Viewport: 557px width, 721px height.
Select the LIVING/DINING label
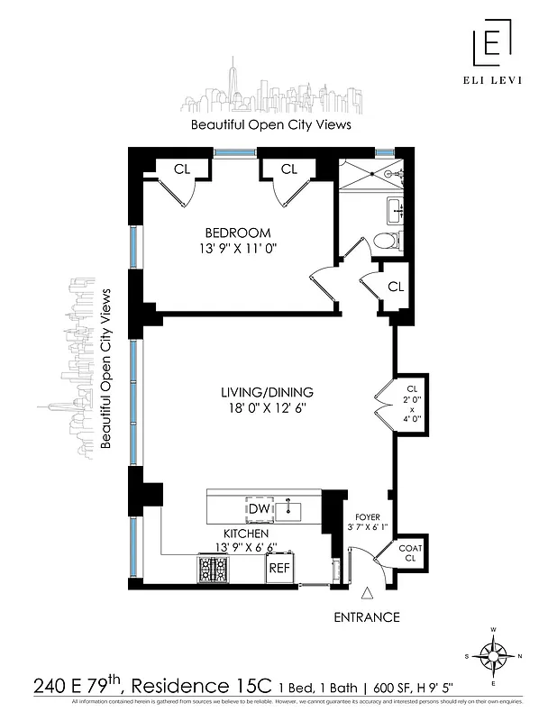(267, 392)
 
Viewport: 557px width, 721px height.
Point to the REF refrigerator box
(279, 569)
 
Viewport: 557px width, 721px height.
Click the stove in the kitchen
(214, 569)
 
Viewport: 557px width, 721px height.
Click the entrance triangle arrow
(367, 594)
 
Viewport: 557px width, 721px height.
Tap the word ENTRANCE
(367, 617)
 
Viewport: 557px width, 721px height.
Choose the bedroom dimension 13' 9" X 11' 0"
(237, 249)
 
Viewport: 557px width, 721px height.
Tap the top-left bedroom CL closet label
(182, 169)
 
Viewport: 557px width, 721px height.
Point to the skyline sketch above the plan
(269, 91)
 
